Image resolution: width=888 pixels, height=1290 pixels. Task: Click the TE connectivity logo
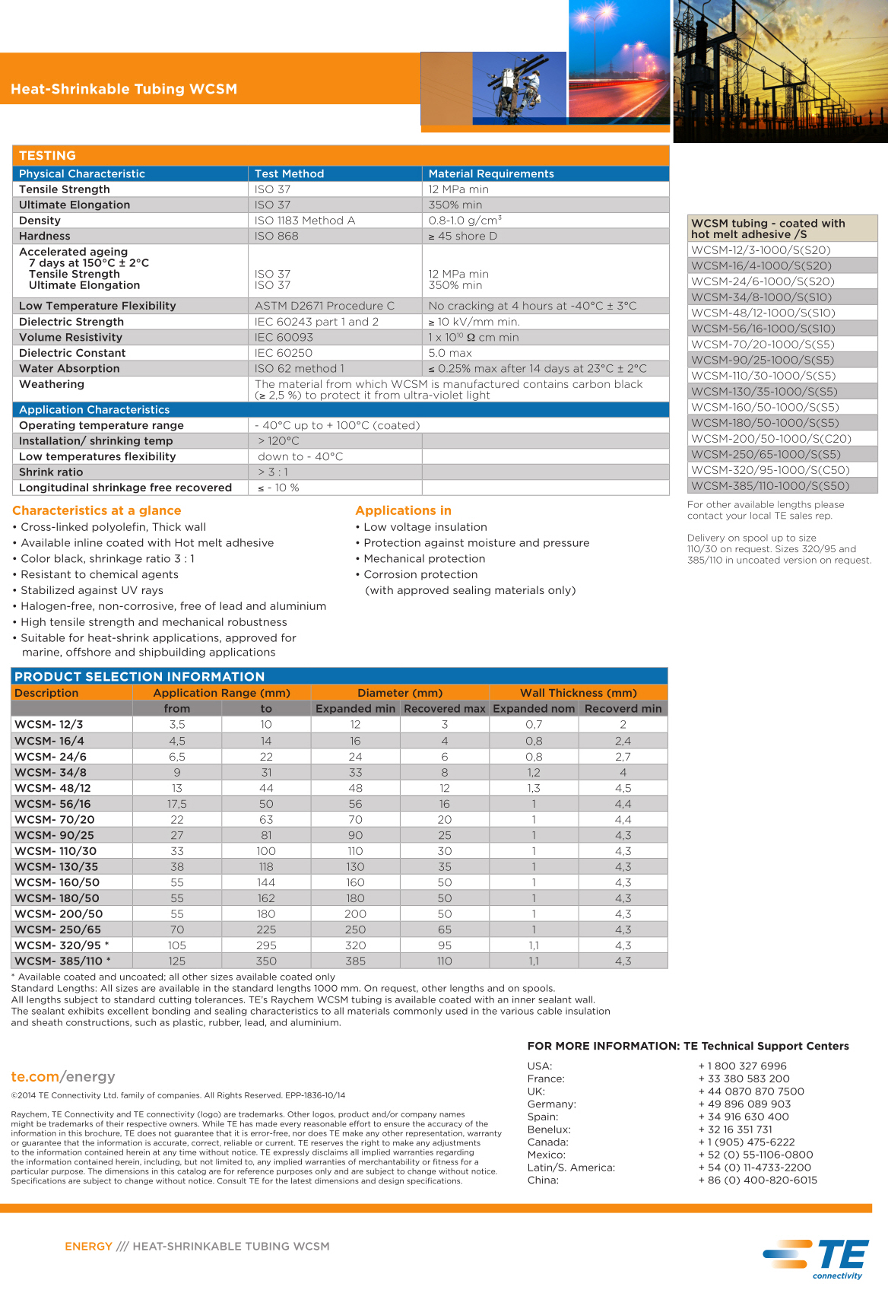(x=826, y=1258)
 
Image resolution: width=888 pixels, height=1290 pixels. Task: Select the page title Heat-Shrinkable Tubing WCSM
(x=124, y=89)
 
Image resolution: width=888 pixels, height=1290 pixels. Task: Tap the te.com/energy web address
(x=63, y=1076)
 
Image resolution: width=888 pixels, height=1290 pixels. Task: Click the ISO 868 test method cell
(x=277, y=236)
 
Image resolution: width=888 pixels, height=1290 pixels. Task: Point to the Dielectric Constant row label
(x=72, y=353)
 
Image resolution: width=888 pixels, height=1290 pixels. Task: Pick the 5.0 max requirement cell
(x=450, y=353)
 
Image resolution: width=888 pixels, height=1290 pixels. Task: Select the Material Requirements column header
(x=491, y=173)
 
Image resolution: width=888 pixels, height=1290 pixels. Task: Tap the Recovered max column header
(x=445, y=708)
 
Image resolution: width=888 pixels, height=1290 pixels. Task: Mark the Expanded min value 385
(x=355, y=961)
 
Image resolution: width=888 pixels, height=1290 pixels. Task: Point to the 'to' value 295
(x=266, y=945)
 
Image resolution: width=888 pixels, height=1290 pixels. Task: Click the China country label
(x=543, y=1180)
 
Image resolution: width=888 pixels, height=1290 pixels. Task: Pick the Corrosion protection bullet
(x=420, y=574)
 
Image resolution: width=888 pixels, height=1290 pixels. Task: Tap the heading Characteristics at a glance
(x=97, y=510)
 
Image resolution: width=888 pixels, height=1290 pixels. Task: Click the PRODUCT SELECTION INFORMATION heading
(x=140, y=676)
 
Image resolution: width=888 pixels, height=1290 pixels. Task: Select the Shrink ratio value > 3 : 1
(x=273, y=472)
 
